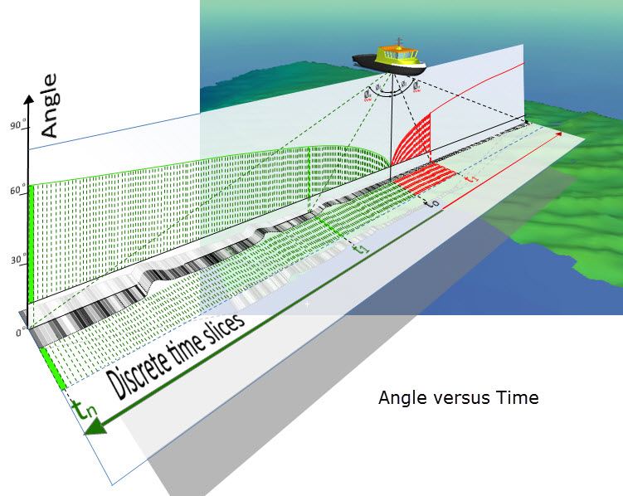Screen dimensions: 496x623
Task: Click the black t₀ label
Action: [429, 202]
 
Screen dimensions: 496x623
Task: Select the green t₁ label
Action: [358, 248]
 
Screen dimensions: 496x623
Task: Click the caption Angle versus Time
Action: [458, 398]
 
